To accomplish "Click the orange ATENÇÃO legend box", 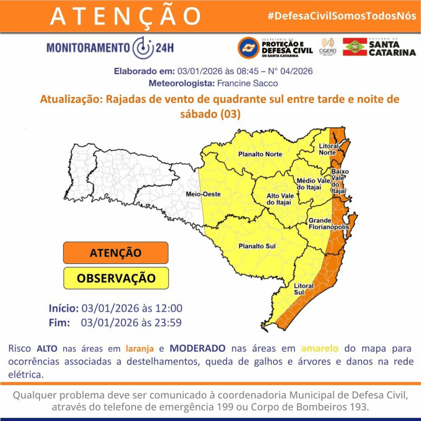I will tap(116, 252).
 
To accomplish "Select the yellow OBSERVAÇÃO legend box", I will tap(116, 278).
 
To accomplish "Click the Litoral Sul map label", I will tap(304, 289).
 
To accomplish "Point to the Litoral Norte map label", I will tap(329, 149).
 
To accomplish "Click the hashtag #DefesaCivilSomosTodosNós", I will tap(342, 16).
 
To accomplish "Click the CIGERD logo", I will tap(328, 46).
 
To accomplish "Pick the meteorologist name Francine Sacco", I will tap(248, 83).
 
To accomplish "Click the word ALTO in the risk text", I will tap(47, 349).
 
